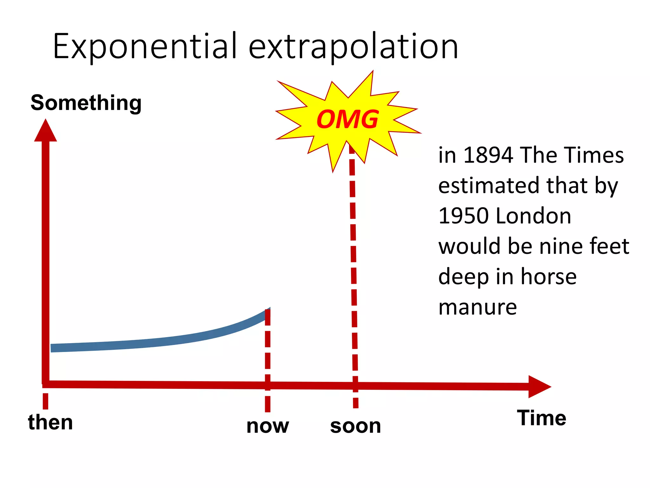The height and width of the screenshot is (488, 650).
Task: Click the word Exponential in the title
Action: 145,47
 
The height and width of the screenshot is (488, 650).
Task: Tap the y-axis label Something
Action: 86,103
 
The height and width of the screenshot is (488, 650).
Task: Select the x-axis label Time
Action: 541,418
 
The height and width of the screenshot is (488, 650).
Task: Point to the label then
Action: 50,422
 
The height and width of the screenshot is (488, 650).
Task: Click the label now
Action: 268,426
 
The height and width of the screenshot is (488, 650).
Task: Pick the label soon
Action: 355,426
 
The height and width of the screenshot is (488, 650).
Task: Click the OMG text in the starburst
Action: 348,119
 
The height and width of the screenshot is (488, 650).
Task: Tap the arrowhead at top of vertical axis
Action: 45,131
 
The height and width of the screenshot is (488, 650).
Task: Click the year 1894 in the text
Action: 488,155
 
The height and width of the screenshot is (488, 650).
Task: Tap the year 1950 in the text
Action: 463,216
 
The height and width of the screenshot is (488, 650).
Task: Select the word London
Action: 533,216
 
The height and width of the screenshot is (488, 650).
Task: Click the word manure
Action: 477,307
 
